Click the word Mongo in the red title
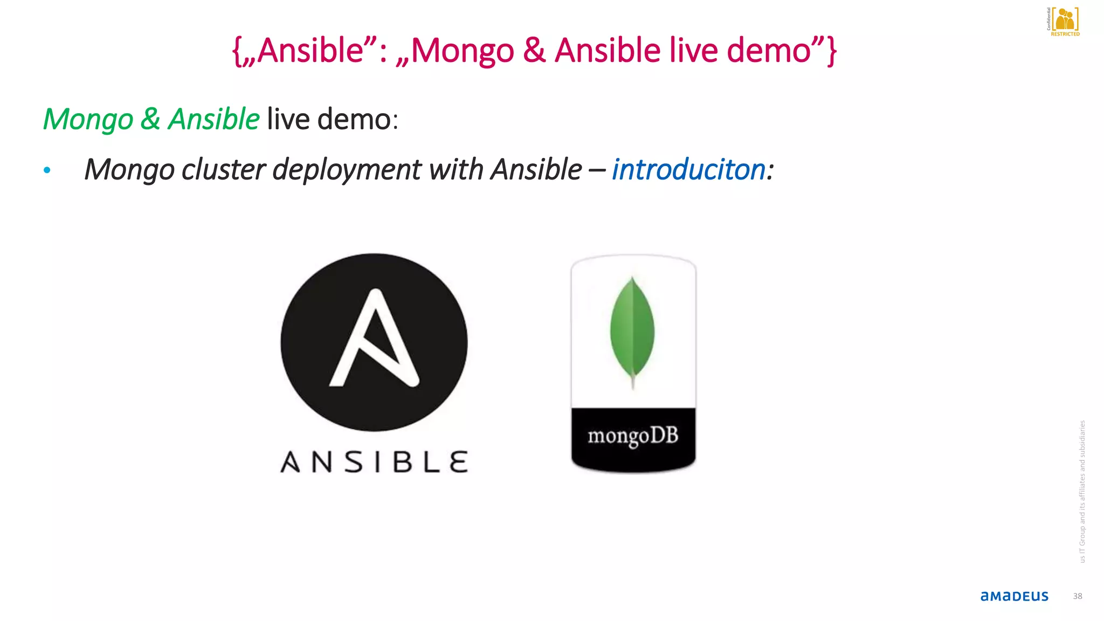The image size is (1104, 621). (463, 51)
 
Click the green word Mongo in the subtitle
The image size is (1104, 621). (88, 119)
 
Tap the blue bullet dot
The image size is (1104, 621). (47, 170)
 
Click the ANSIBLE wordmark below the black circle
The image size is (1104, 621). (374, 462)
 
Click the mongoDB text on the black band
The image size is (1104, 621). (633, 436)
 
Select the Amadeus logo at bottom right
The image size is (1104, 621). (1014, 596)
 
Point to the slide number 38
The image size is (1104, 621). (1077, 596)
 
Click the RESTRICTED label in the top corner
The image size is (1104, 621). (1065, 34)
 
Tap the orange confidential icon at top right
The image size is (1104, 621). (1065, 19)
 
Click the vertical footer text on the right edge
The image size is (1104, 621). (1082, 492)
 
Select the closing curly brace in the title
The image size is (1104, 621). (832, 51)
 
